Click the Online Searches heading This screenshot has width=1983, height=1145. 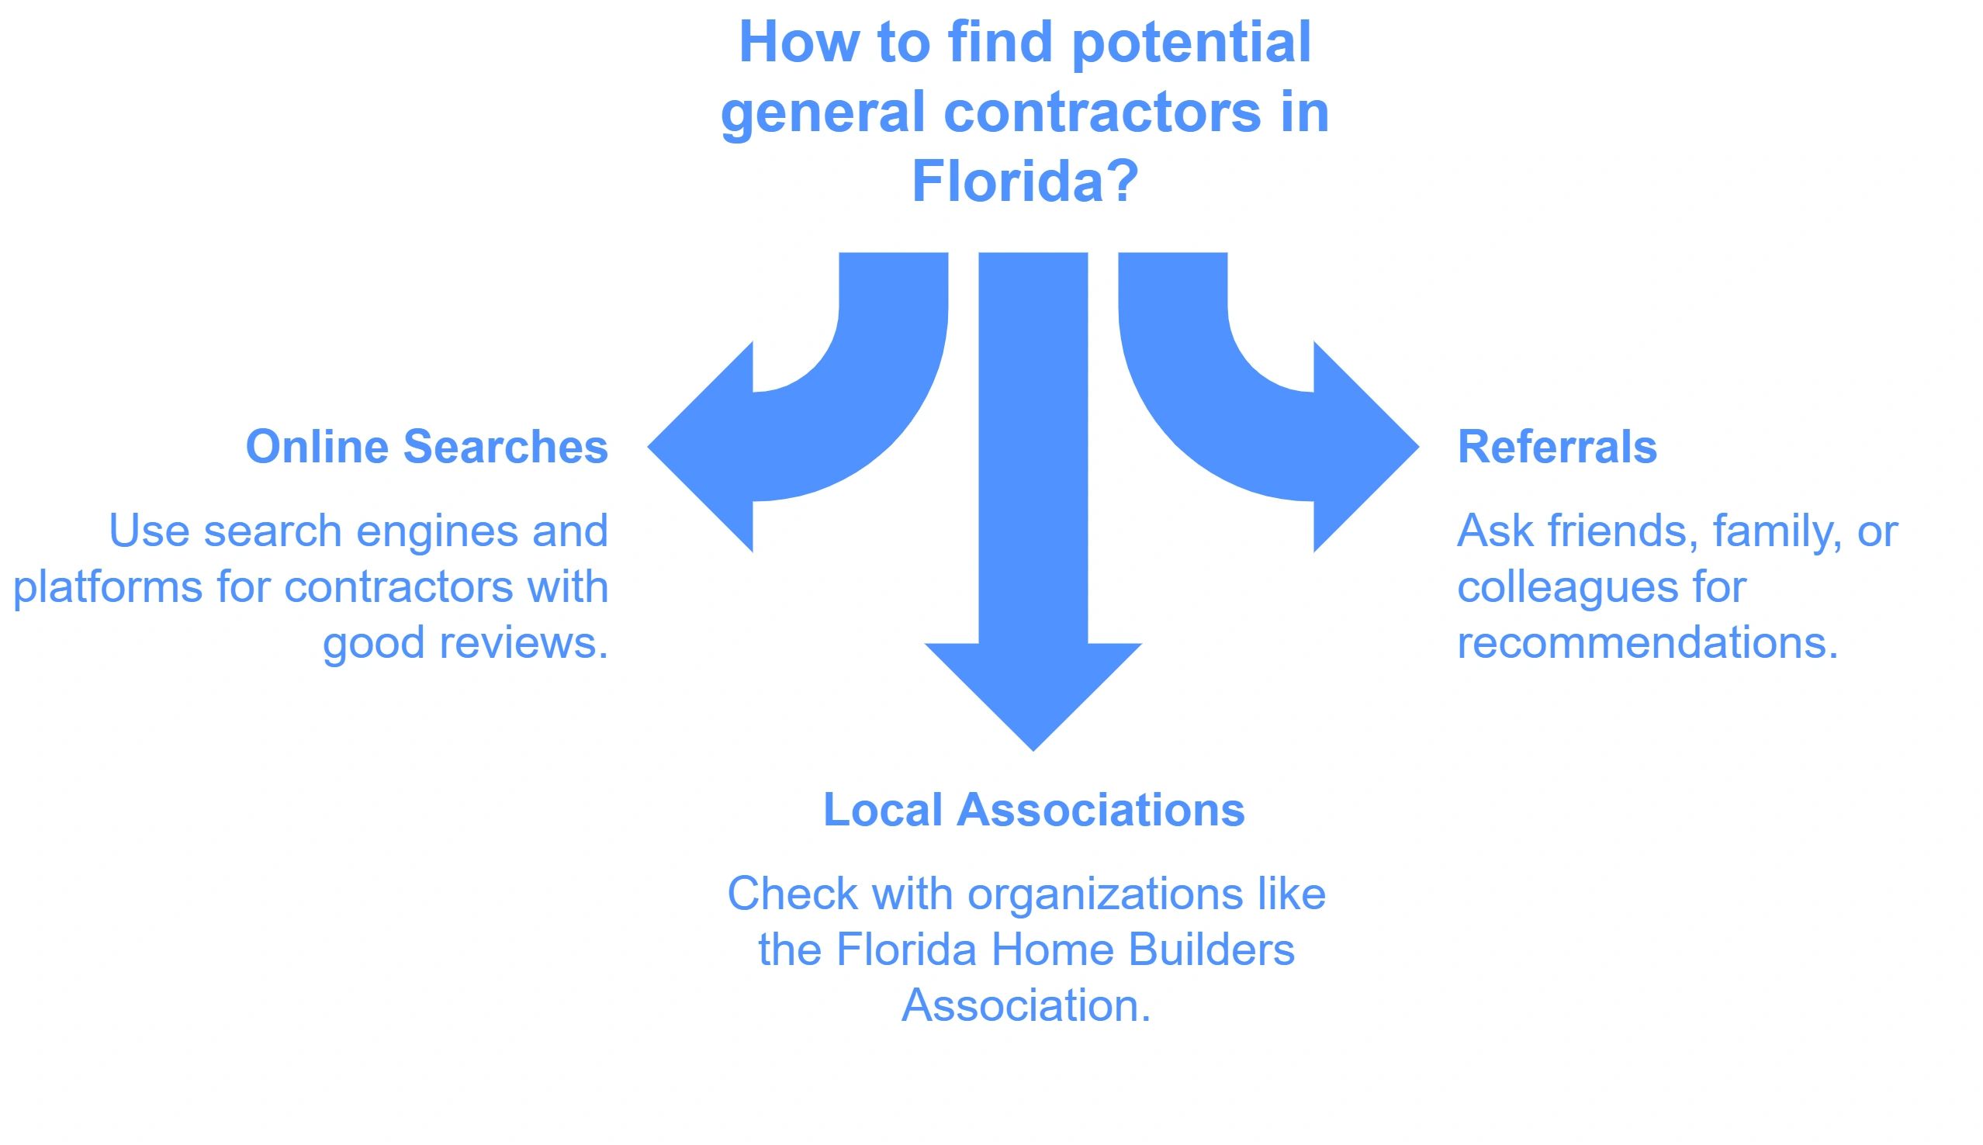[x=427, y=447]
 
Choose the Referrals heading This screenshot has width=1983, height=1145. [x=1557, y=447]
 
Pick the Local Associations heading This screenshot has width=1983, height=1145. [x=1033, y=809]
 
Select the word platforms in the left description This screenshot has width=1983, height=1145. [x=108, y=587]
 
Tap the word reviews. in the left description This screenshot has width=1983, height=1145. [x=524, y=642]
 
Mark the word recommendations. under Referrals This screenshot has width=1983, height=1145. [x=1647, y=642]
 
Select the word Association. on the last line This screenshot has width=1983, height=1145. [x=1026, y=1005]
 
